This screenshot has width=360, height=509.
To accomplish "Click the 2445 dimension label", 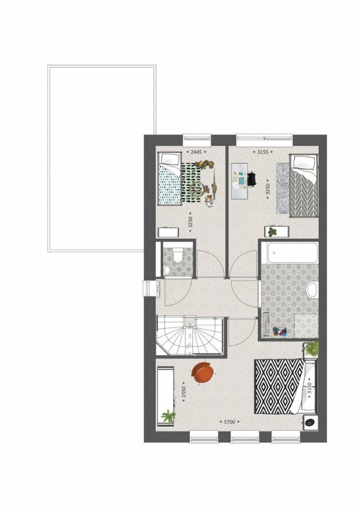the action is click(196, 152).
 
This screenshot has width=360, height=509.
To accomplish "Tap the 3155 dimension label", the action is click(262, 152).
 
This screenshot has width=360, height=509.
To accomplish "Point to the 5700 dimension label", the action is click(230, 422).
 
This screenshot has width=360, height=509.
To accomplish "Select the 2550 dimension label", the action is click(184, 394).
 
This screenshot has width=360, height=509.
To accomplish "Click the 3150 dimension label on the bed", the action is click(309, 389).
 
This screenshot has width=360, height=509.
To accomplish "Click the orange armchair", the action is click(203, 373).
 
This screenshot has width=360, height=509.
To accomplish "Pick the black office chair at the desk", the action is click(252, 179).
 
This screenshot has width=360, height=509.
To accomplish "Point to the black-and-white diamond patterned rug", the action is click(279, 387).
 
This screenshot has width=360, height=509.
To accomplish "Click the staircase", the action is click(190, 336).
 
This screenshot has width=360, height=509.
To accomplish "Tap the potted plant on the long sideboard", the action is click(169, 417).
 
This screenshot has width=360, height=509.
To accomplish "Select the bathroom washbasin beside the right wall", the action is click(312, 289).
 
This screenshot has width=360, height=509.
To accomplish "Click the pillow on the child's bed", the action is click(171, 159).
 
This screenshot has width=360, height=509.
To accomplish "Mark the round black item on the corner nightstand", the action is click(310, 423).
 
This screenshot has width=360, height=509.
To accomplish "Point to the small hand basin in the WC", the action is click(166, 270).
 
